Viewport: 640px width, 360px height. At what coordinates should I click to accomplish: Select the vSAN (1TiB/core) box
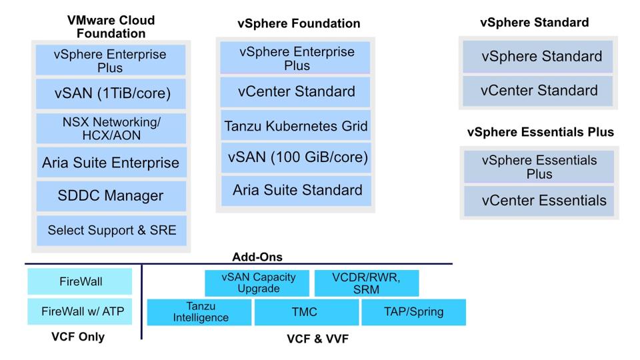pos(111,94)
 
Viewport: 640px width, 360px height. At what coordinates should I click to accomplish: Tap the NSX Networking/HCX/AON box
pos(111,128)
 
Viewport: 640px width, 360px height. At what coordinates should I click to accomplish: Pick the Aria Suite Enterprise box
pos(111,163)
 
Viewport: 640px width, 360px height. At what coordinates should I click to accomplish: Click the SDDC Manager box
pos(111,197)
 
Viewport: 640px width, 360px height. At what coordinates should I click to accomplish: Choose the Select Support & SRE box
pos(111,231)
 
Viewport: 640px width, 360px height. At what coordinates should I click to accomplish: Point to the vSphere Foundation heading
pos(299,23)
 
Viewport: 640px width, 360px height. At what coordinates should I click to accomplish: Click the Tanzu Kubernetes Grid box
pos(295,126)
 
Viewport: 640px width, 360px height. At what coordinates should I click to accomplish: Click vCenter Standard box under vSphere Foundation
pos(295,91)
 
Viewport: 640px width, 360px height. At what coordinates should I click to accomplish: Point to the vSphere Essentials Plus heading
pos(540,132)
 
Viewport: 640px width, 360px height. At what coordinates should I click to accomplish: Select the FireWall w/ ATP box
pos(79,311)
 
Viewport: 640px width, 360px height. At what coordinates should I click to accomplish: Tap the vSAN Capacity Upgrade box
pos(257,283)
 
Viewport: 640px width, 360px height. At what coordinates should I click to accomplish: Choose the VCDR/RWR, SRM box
pos(366,283)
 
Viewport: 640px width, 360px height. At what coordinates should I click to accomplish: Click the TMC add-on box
pos(305,312)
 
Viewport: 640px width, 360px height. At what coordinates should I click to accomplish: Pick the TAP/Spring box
pos(413,312)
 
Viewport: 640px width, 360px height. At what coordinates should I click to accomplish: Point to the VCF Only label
pos(78,337)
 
